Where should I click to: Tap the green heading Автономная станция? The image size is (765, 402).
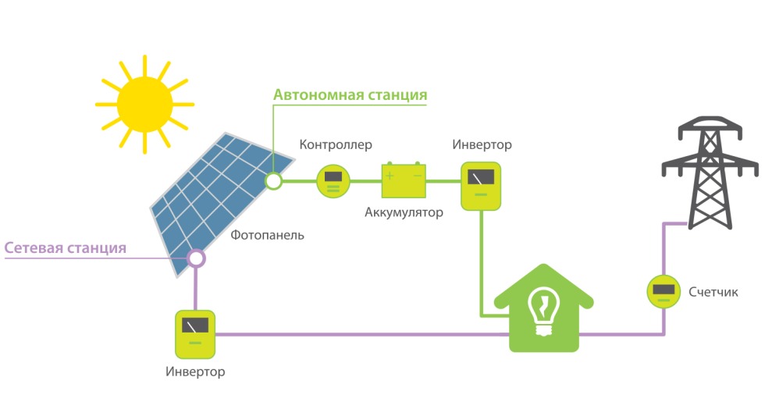tap(350, 95)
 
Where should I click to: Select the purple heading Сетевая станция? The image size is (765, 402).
tap(66, 248)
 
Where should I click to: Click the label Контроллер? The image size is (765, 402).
tap(336, 144)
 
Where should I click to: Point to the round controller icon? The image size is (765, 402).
tap(333, 181)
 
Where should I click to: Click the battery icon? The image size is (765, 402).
tap(404, 181)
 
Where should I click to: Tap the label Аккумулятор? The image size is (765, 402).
tap(404, 212)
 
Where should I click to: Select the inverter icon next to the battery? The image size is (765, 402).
tap(481, 186)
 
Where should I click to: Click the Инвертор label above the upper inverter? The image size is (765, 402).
tap(482, 144)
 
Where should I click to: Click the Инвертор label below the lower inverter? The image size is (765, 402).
tap(195, 372)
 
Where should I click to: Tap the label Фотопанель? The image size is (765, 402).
tap(267, 235)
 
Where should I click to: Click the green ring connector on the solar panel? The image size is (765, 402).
tap(273, 181)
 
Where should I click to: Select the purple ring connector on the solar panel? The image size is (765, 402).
tap(195, 257)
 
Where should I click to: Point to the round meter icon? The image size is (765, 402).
tap(664, 292)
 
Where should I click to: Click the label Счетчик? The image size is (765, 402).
tap(713, 292)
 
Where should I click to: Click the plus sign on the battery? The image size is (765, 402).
tap(390, 176)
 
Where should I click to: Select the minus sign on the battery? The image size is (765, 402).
tap(418, 176)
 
